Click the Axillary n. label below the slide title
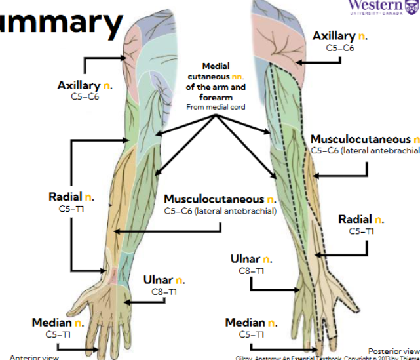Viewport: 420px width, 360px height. point(84,85)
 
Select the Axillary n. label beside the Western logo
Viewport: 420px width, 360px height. point(339,36)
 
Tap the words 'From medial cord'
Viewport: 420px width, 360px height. point(216,108)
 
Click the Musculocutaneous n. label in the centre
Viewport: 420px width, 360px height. point(221,199)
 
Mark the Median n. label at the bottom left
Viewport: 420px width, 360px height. point(58,323)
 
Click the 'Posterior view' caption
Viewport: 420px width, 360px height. point(393,351)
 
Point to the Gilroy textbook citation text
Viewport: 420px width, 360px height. point(328,357)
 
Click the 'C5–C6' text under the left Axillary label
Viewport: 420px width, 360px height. point(84,96)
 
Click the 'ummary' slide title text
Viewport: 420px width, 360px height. point(62,22)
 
